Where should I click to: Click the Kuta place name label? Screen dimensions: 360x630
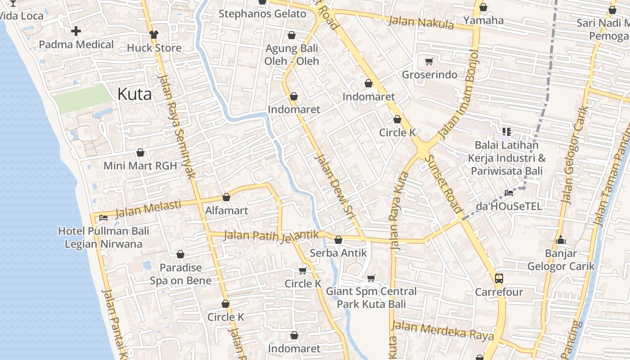click(134, 94)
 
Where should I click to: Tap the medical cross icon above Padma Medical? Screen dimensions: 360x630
click(76, 31)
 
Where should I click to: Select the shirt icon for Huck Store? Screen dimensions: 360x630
click(154, 35)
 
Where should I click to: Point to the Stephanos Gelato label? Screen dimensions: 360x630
click(262, 14)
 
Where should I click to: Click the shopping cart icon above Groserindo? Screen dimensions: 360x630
click(429, 61)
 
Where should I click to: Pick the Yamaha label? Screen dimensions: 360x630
click(483, 20)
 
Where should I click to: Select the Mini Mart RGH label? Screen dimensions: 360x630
click(140, 166)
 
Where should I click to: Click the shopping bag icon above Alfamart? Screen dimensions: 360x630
click(226, 197)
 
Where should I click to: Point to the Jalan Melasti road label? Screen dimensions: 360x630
click(148, 208)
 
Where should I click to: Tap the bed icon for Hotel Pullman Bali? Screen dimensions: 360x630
click(103, 218)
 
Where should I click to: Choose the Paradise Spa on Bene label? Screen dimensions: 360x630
click(180, 274)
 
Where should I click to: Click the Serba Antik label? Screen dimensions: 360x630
click(338, 253)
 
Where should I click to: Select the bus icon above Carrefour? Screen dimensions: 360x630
click(499, 278)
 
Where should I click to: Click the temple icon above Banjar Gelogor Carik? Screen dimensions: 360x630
click(561, 240)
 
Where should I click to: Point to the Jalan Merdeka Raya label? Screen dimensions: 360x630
click(443, 331)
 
